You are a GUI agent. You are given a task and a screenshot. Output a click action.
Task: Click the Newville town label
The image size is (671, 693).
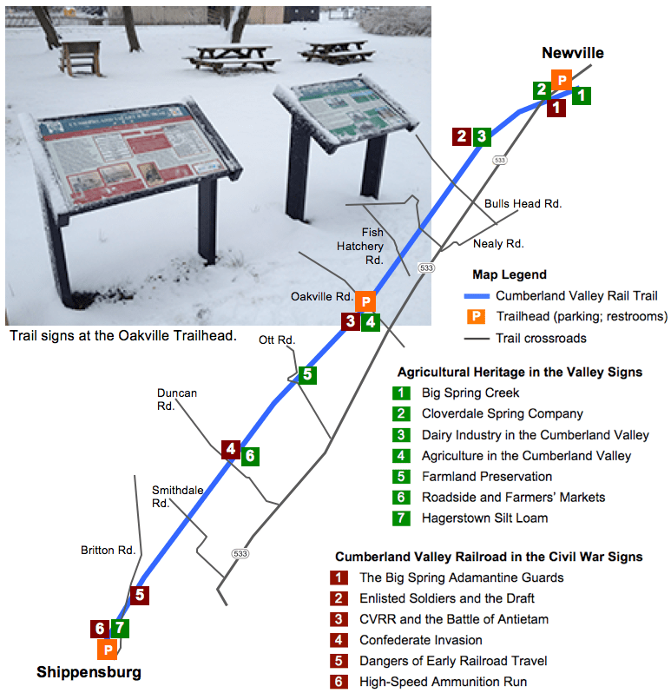572,53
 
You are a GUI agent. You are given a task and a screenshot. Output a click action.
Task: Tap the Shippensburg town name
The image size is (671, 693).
89,672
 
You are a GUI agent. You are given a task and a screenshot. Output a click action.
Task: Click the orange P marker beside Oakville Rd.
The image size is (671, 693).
366,301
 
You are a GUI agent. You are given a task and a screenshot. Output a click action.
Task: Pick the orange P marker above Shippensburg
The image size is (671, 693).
108,649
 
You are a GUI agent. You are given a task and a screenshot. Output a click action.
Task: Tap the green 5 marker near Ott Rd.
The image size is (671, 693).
306,375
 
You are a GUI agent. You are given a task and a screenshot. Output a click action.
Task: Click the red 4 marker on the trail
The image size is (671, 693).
230,449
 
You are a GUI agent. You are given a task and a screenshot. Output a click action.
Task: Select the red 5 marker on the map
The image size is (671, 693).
139,595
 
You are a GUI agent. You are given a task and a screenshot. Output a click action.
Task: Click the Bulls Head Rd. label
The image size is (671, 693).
523,203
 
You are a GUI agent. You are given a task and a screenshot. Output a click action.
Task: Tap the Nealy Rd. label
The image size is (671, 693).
498,244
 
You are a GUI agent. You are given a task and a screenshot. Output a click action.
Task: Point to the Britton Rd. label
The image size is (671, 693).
109,550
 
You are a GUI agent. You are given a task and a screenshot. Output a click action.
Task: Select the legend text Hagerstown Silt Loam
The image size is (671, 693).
484,518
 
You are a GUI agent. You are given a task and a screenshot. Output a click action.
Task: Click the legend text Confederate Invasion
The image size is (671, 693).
420,640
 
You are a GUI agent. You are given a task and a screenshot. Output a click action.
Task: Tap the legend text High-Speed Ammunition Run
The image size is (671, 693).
443,682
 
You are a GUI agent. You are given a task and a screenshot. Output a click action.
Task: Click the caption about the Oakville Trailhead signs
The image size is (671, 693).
122,335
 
